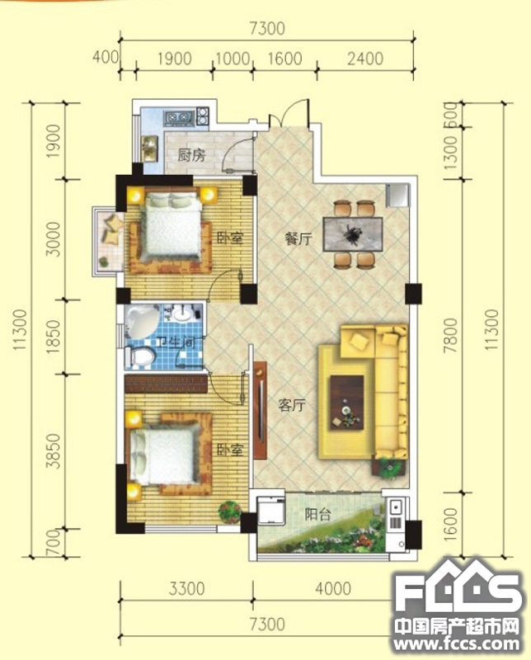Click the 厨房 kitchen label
pyautogui.click(x=191, y=155)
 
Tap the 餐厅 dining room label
pyautogui.click(x=298, y=239)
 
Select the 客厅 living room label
pyautogui.click(x=292, y=405)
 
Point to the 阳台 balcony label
pyautogui.click(x=318, y=514)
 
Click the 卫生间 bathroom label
pyautogui.click(x=176, y=342)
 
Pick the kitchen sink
pyautogui.click(x=150, y=148)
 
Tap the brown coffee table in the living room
pyautogui.click(x=346, y=403)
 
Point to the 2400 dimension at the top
pyautogui.click(x=365, y=59)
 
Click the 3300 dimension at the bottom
pyautogui.click(x=187, y=588)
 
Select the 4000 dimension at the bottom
pyautogui.click(x=333, y=588)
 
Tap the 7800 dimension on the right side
pyautogui.click(x=451, y=336)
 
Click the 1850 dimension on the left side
pyautogui.click(x=54, y=337)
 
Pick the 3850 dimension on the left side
pyautogui.click(x=54, y=451)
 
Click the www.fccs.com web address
pyautogui.click(x=457, y=643)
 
